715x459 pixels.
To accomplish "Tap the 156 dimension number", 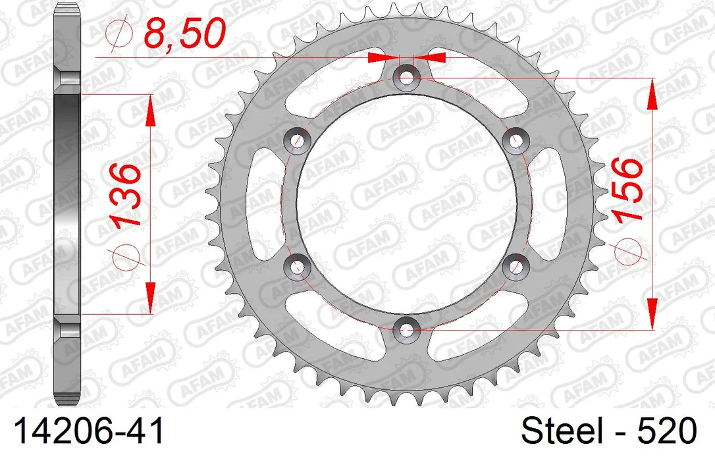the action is [629, 190].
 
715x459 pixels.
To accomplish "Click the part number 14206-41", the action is [89, 431].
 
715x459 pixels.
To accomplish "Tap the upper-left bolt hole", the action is [298, 140].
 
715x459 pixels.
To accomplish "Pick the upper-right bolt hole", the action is [516, 140].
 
